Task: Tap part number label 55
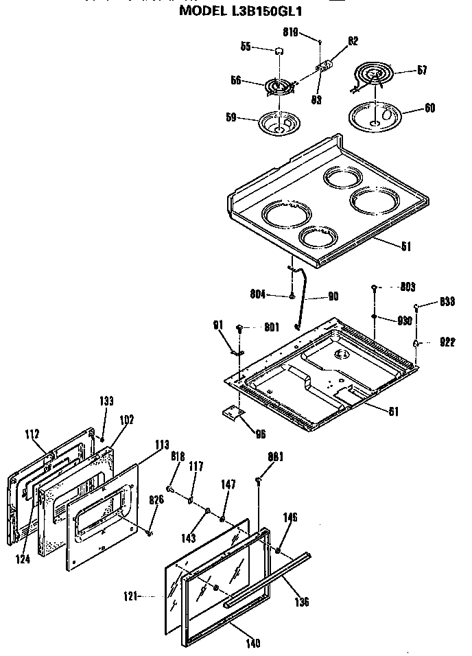(244, 47)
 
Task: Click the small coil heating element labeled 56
(278, 87)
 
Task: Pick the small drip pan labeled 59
(281, 124)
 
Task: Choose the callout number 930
(405, 320)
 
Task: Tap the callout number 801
(271, 327)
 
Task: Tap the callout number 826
(156, 499)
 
